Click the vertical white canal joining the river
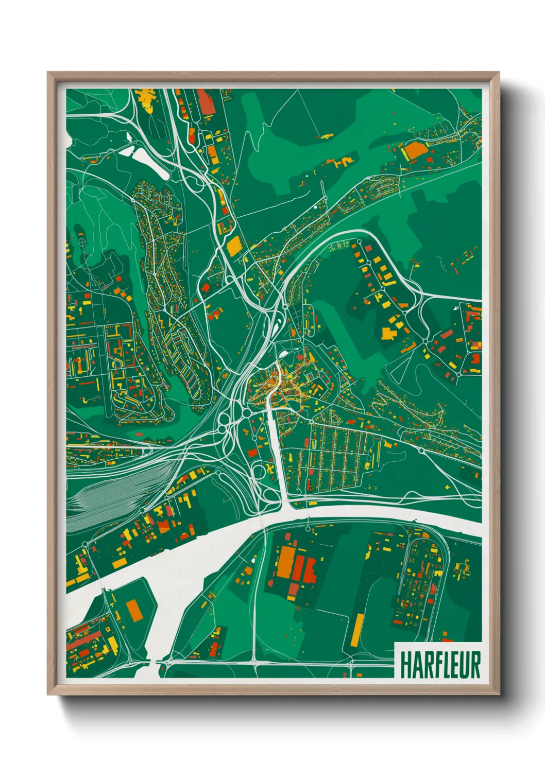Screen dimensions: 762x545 277,453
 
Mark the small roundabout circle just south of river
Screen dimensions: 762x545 308,529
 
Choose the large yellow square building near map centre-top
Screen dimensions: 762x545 234,246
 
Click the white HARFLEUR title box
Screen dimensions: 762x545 438,660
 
